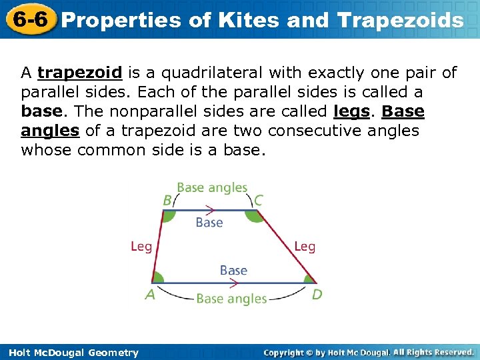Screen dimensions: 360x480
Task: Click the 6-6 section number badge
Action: pos(29,19)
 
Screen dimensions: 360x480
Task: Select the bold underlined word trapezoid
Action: pos(79,73)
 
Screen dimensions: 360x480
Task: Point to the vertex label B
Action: pos(167,199)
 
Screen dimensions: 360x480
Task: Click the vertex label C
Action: pos(258,199)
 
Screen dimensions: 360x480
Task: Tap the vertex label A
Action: pos(150,294)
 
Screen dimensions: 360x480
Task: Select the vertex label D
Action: pos(317,294)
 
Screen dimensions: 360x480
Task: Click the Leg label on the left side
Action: pos(141,247)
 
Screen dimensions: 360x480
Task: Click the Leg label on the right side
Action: pos(305,247)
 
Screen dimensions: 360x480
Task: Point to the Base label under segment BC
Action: pos(209,223)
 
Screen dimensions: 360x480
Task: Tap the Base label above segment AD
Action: pos(233,270)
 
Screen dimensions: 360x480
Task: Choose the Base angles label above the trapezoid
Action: pos(212,188)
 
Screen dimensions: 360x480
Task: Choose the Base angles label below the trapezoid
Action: pos(231,299)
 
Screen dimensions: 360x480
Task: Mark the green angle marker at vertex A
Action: pos(158,277)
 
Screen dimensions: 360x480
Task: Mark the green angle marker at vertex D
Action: pos(309,278)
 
